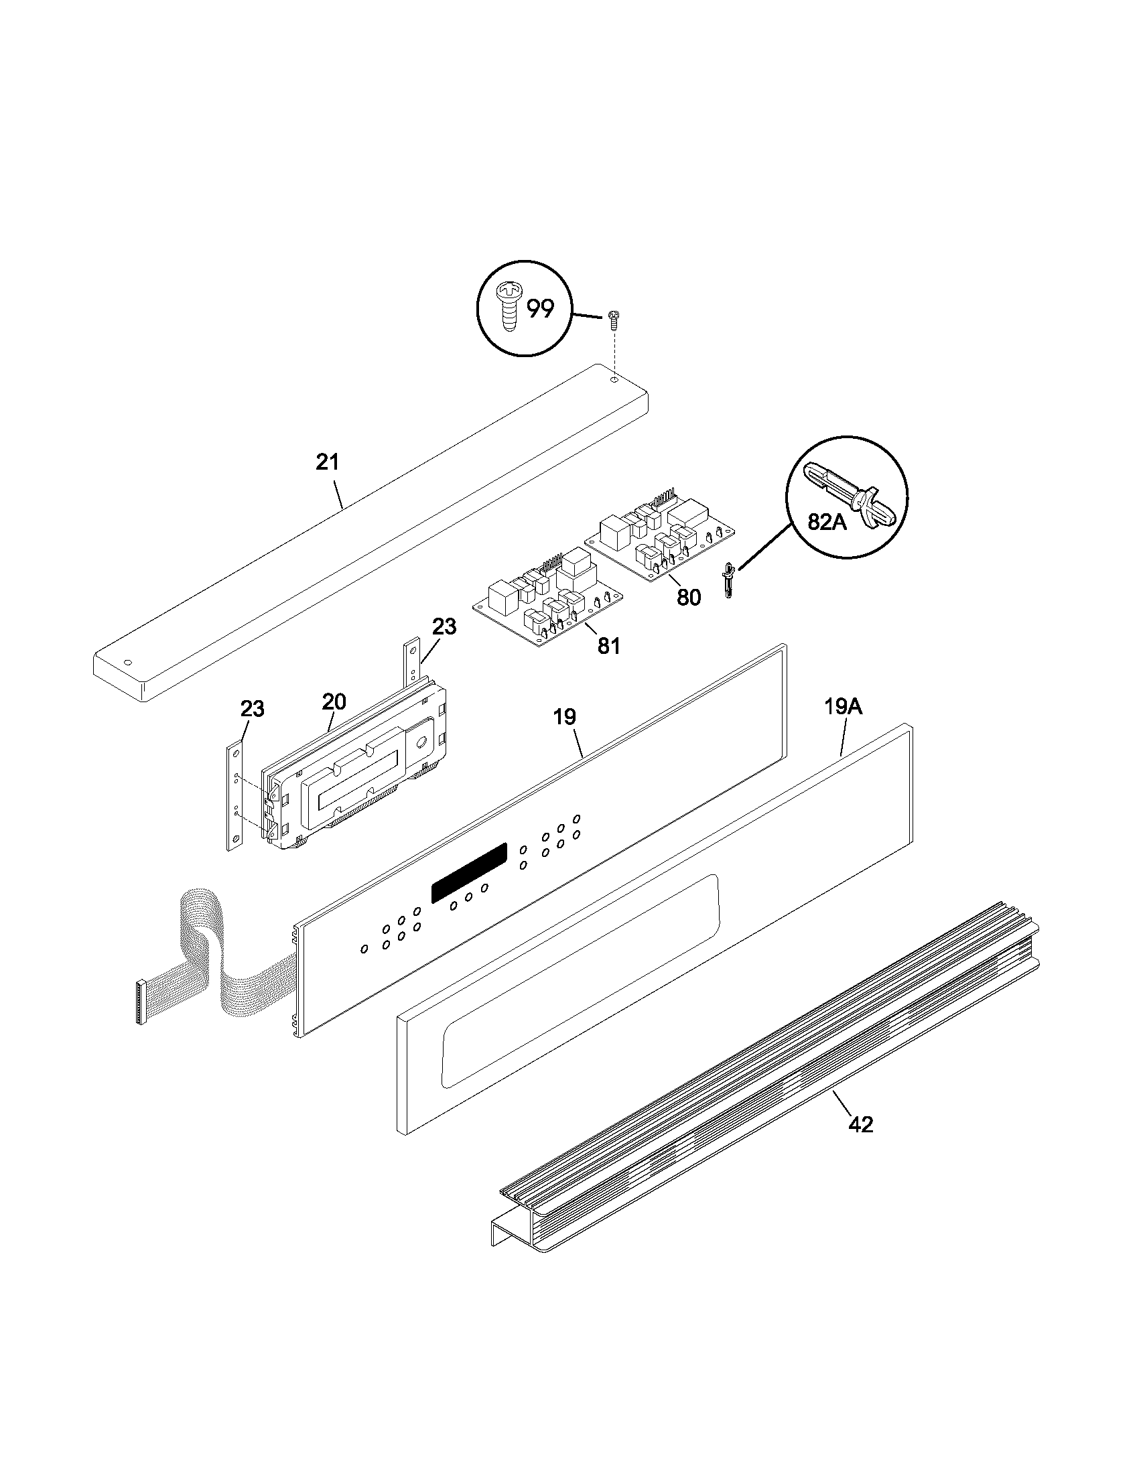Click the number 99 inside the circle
pyautogui.click(x=540, y=309)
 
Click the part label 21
pyautogui.click(x=328, y=462)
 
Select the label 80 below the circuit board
pyautogui.click(x=688, y=597)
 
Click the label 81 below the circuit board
pyautogui.click(x=608, y=646)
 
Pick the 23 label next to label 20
pyautogui.click(x=253, y=709)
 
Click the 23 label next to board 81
pyautogui.click(x=444, y=626)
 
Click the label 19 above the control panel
pyautogui.click(x=565, y=717)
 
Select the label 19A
pyautogui.click(x=843, y=707)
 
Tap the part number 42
pyautogui.click(x=861, y=1124)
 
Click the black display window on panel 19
pyautogui.click(x=469, y=872)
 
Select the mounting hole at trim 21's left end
pyautogui.click(x=128, y=662)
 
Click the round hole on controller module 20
pyautogui.click(x=420, y=742)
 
